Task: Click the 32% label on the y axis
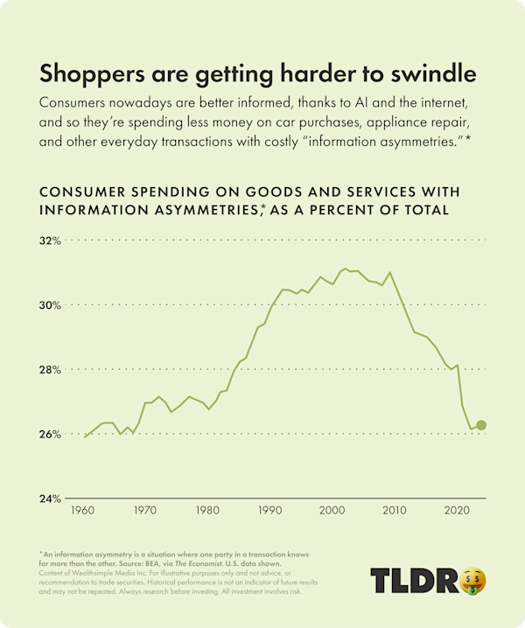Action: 50,240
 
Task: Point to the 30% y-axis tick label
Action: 50,304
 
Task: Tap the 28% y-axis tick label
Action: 50,369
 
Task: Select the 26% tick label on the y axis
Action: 50,434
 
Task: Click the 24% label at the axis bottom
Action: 50,499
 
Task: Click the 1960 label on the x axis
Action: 83,510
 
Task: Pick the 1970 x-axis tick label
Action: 145,510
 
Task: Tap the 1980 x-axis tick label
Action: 207,510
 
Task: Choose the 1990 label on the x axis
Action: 269,510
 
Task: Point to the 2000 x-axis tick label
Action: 332,510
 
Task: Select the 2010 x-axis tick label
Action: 394,510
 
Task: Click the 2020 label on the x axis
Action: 456,510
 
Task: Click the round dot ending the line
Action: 480,425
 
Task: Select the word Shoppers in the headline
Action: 82,72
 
